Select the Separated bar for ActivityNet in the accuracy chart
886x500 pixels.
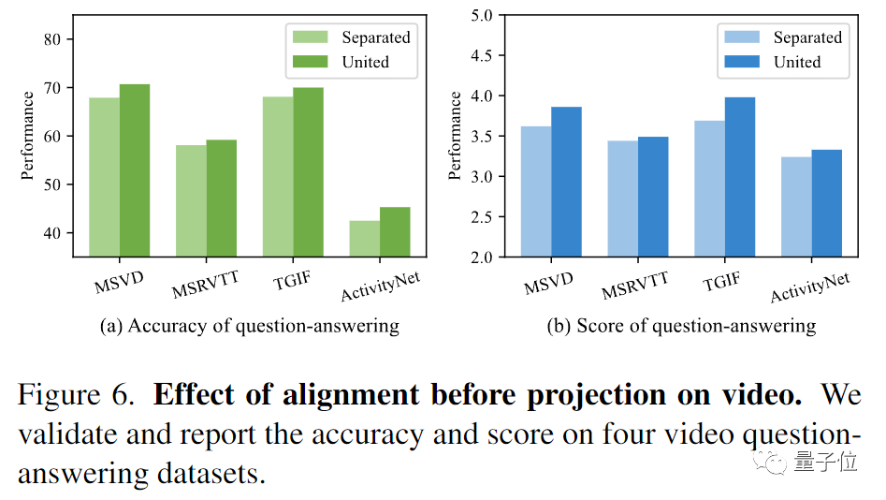364,239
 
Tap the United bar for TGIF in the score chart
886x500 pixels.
739,177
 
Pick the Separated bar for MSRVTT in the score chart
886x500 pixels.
622,199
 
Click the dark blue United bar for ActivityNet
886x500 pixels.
826,203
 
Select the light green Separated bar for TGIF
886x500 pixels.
277,176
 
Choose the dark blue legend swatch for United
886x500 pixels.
741,62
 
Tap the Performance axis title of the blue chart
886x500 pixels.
456,136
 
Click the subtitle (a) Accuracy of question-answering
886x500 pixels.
249,327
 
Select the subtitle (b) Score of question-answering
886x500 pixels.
681,327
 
